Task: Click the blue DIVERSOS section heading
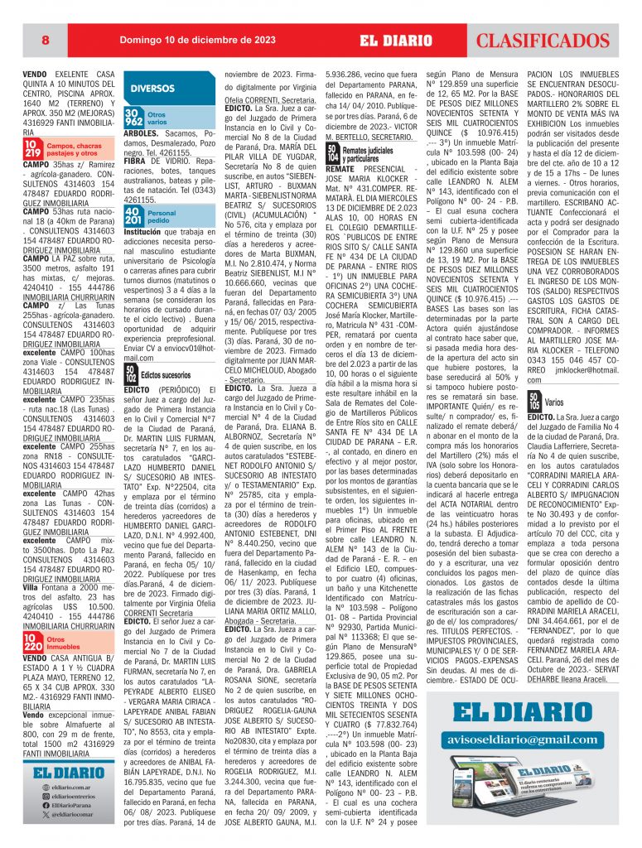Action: pyautogui.click(x=152, y=87)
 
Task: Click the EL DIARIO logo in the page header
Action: pyautogui.click(x=395, y=40)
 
